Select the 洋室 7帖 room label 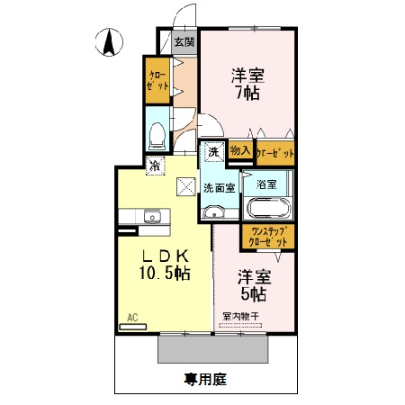tap(244, 84)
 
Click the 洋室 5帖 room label tap(252, 285)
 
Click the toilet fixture tap(157, 135)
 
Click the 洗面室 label tap(219, 188)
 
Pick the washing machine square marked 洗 tap(213, 152)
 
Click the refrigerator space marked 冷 tap(155, 165)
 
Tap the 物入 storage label tap(239, 152)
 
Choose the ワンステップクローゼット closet tap(267, 237)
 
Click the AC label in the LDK tap(132, 318)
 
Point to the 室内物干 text tap(240, 317)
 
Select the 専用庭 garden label tap(205, 380)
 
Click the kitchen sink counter tap(149, 216)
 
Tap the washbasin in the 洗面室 tap(213, 211)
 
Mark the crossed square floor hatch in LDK tap(186, 186)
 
